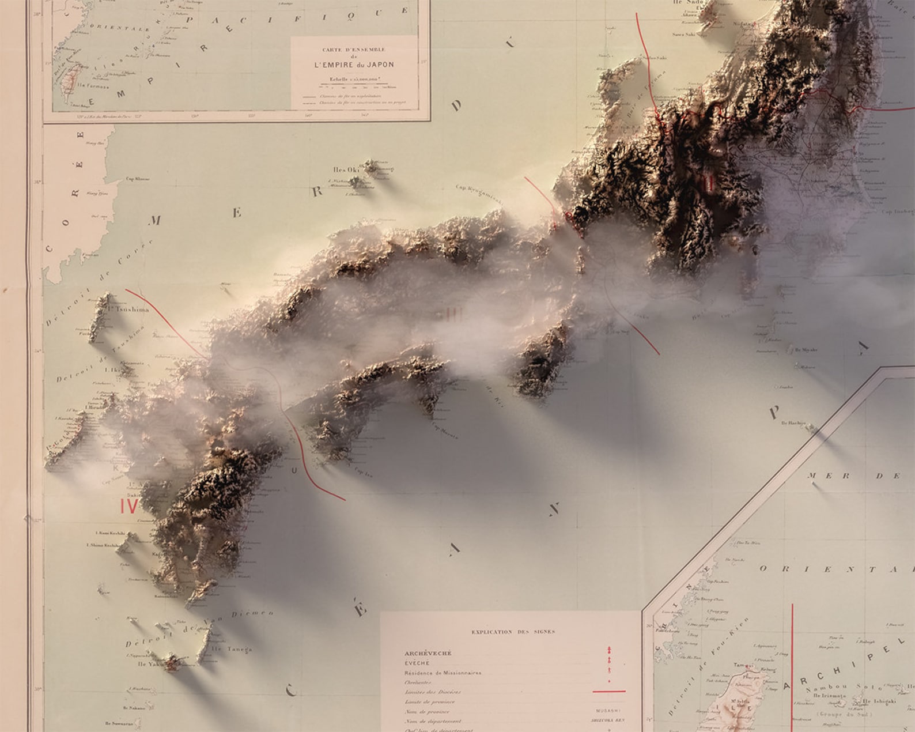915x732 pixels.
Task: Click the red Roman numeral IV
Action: pyautogui.click(x=128, y=506)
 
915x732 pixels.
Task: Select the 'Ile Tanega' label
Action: pyautogui.click(x=232, y=649)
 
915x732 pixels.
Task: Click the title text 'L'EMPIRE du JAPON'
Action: pyautogui.click(x=353, y=65)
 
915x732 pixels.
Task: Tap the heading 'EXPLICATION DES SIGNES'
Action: pyautogui.click(x=513, y=632)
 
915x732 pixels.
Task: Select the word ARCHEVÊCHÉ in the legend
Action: pyautogui.click(x=428, y=653)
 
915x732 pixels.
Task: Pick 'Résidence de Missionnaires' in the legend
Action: pyautogui.click(x=443, y=673)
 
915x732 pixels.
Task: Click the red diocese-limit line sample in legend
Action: pyautogui.click(x=608, y=691)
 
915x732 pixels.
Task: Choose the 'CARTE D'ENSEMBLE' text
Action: pyautogui.click(x=354, y=50)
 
